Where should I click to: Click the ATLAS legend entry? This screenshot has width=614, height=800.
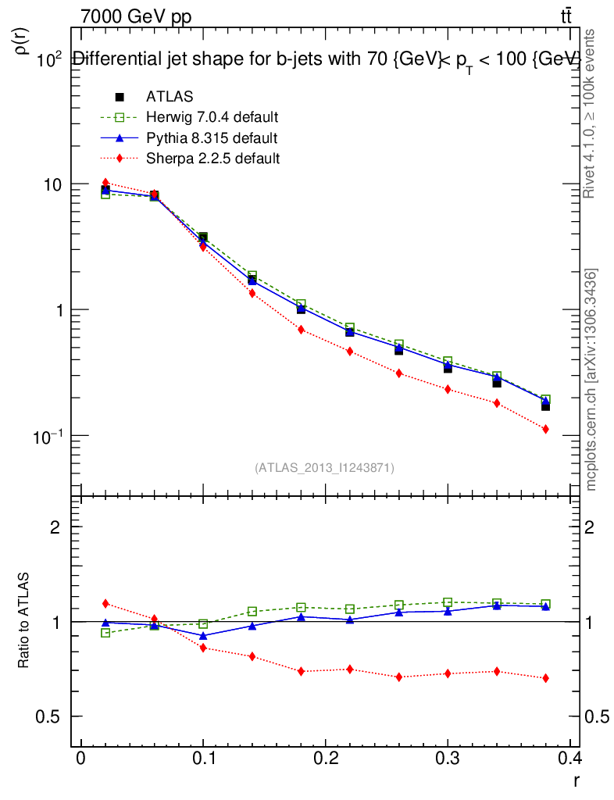click(x=169, y=97)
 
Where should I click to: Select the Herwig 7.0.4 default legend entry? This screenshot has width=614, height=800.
click(x=212, y=117)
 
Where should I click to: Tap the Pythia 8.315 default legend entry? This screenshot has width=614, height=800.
click(x=211, y=138)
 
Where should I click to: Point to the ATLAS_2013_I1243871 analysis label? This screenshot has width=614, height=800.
click(x=324, y=468)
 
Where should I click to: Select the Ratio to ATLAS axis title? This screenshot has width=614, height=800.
click(x=24, y=621)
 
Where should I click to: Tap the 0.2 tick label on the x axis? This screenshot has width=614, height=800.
click(x=326, y=759)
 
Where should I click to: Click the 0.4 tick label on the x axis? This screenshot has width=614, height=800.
click(x=569, y=759)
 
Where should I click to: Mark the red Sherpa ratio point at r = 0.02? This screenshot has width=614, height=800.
click(x=105, y=603)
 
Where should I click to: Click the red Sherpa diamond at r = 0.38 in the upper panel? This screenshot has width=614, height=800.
click(x=546, y=429)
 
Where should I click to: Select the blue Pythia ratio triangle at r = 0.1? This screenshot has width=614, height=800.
click(x=203, y=636)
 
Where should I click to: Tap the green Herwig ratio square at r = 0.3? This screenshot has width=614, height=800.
click(x=448, y=602)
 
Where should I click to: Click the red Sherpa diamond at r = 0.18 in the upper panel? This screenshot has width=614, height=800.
click(x=301, y=330)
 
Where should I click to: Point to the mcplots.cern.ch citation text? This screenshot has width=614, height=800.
click(x=591, y=379)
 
